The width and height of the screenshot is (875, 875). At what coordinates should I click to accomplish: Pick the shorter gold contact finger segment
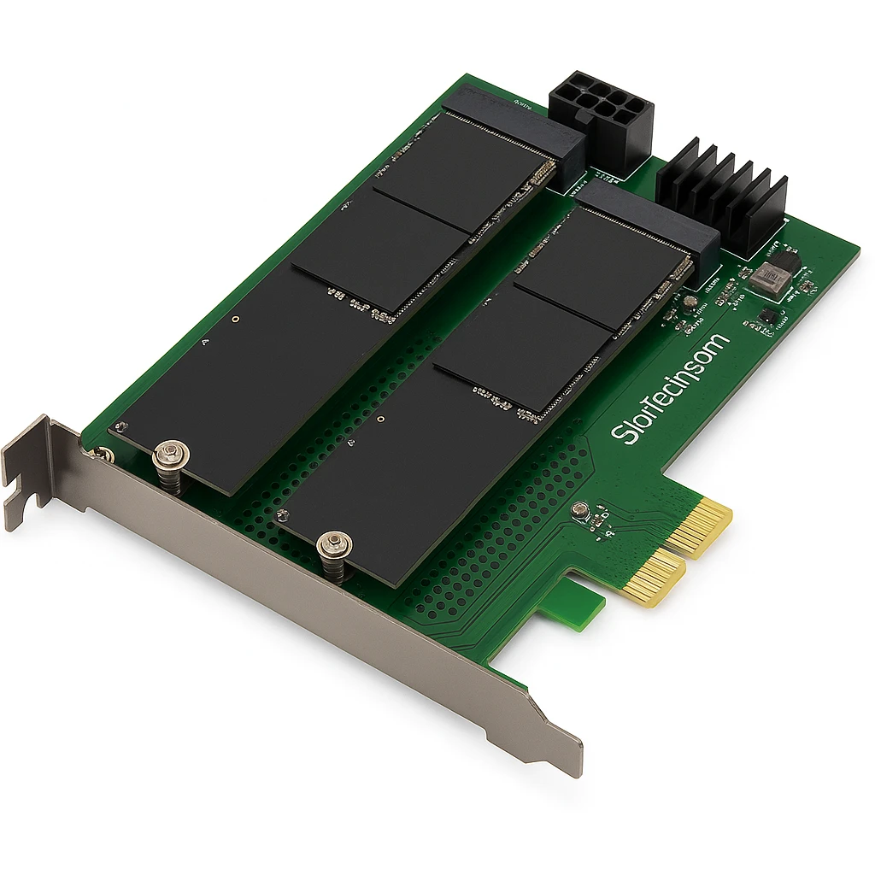[654, 578]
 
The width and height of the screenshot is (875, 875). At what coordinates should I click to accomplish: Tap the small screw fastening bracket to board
[103, 455]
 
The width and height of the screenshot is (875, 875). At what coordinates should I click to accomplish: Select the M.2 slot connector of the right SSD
[649, 218]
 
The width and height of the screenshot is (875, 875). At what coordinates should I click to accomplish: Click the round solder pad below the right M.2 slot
[686, 301]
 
